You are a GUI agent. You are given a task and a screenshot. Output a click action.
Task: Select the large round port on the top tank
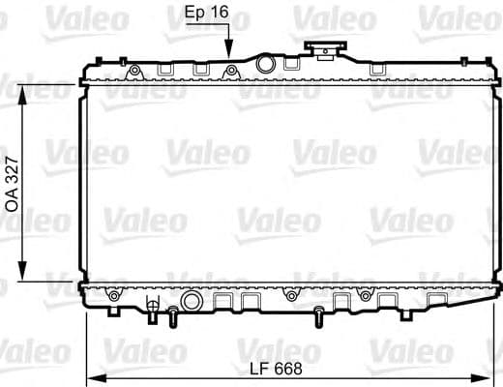266,65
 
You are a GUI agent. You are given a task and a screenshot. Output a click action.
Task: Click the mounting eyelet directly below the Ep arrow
230,71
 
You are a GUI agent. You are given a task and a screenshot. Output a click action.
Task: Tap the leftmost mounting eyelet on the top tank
134,71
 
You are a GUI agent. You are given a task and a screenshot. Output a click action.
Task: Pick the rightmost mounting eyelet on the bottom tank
364,294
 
